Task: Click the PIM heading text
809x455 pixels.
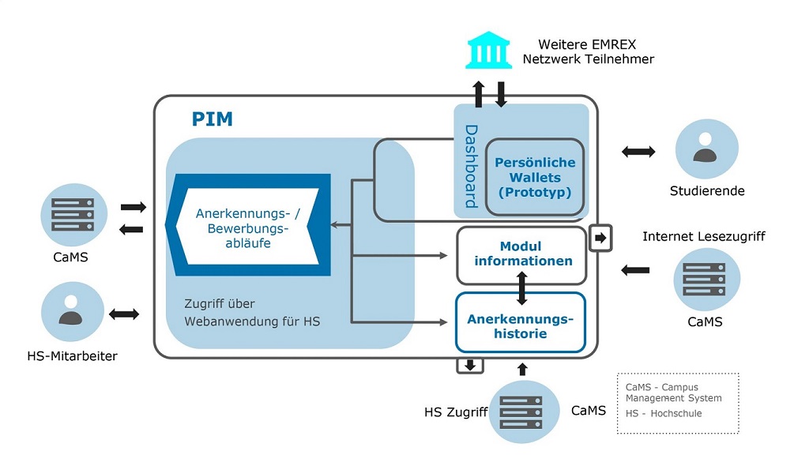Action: (x=213, y=119)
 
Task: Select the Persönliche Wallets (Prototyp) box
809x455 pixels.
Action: (x=535, y=177)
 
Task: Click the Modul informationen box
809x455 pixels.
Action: (x=522, y=254)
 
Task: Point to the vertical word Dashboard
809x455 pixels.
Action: (x=471, y=166)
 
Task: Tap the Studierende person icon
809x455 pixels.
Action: (x=706, y=149)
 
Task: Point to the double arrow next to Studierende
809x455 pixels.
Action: (x=638, y=151)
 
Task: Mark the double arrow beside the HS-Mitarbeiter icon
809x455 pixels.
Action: (x=124, y=314)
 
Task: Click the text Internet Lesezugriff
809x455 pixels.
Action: (x=703, y=236)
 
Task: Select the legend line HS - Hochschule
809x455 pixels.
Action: (x=663, y=413)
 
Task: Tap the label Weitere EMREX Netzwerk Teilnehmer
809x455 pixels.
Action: (x=588, y=51)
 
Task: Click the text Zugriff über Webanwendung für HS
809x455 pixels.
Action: (x=253, y=313)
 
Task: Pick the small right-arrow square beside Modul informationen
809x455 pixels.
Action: (x=600, y=237)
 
